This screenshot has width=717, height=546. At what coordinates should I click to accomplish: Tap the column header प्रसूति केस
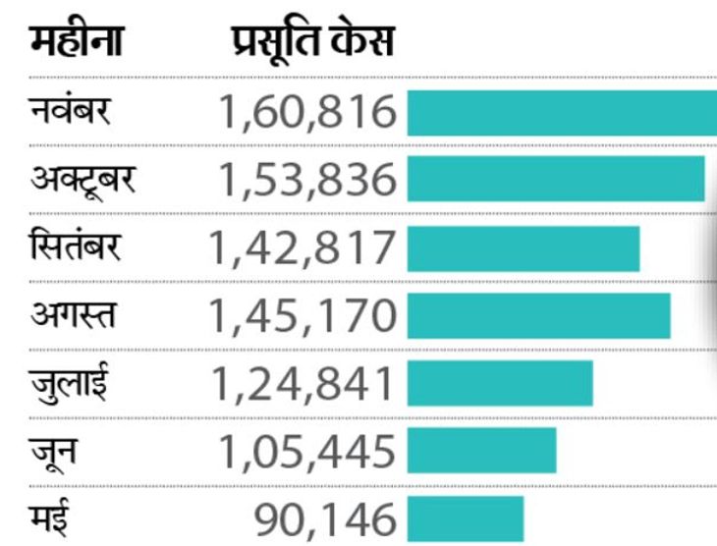click(312, 42)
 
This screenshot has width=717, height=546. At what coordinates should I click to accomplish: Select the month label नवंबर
click(71, 111)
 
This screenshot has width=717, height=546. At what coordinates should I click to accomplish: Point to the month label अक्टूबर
click(83, 179)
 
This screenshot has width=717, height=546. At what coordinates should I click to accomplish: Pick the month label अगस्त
click(73, 314)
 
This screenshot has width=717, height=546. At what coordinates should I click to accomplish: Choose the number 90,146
click(325, 519)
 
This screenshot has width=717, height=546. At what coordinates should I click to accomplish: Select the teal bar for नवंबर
click(561, 113)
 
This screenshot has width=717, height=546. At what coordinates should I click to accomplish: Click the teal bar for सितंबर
click(523, 248)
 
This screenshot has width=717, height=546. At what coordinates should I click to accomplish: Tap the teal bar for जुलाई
click(499, 383)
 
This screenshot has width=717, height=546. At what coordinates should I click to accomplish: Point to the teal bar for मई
click(465, 519)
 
